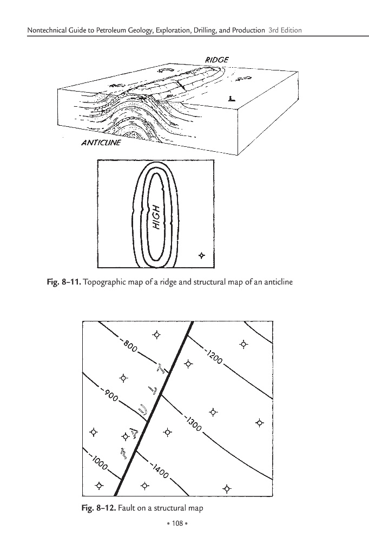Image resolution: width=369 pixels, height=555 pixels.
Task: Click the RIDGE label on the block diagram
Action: pyautogui.click(x=218, y=59)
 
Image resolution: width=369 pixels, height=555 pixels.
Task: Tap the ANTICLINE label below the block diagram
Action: pyautogui.click(x=101, y=144)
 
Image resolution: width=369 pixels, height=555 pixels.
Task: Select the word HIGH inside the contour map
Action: pyautogui.click(x=156, y=220)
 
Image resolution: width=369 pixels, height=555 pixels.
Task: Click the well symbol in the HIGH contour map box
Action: pyautogui.click(x=202, y=255)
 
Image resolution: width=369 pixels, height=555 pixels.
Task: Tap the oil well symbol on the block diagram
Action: pyautogui.click(x=231, y=99)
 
